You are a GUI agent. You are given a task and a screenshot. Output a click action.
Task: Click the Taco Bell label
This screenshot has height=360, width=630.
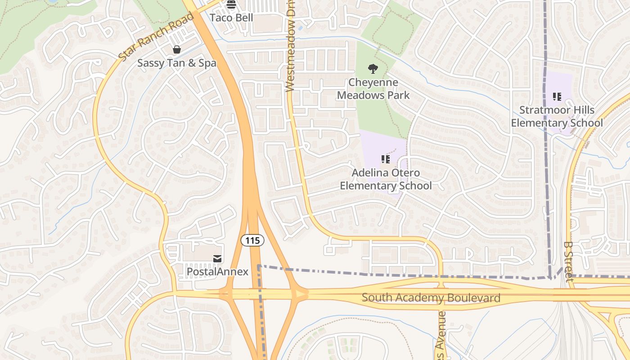click(x=232, y=18)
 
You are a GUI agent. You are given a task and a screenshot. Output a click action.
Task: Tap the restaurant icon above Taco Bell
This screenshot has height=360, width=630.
click(x=231, y=5)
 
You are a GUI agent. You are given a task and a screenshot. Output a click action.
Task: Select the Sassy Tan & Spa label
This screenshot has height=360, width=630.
click(x=177, y=63)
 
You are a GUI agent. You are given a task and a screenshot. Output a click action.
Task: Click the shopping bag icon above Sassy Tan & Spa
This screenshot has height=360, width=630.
click(x=177, y=49)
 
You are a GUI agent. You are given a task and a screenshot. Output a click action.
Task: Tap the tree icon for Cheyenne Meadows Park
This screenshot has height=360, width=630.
click(x=373, y=69)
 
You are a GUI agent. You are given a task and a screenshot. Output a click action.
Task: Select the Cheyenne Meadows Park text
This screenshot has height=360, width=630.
click(x=373, y=89)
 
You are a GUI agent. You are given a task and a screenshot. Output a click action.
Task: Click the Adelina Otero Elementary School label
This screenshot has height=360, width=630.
click(x=386, y=179)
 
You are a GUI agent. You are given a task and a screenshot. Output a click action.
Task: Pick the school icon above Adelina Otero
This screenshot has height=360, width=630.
click(x=386, y=159)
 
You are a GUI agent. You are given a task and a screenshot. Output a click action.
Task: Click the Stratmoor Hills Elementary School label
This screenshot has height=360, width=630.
click(x=557, y=117)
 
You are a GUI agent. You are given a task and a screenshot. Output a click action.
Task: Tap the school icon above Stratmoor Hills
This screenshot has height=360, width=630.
click(x=557, y=97)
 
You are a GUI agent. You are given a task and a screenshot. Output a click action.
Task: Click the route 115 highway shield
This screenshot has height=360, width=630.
click(x=252, y=241)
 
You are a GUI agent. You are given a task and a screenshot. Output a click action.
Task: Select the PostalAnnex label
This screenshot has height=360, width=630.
click(x=217, y=272)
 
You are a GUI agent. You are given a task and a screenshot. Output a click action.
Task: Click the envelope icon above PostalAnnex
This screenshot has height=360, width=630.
click(x=217, y=258)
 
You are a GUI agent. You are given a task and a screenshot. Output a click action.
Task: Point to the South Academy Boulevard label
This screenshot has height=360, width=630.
click(x=431, y=298)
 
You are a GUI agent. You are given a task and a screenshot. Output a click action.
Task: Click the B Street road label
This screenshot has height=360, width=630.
click(x=568, y=261)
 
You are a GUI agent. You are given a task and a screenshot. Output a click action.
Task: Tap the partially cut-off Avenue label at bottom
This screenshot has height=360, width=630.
click(x=441, y=335)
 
